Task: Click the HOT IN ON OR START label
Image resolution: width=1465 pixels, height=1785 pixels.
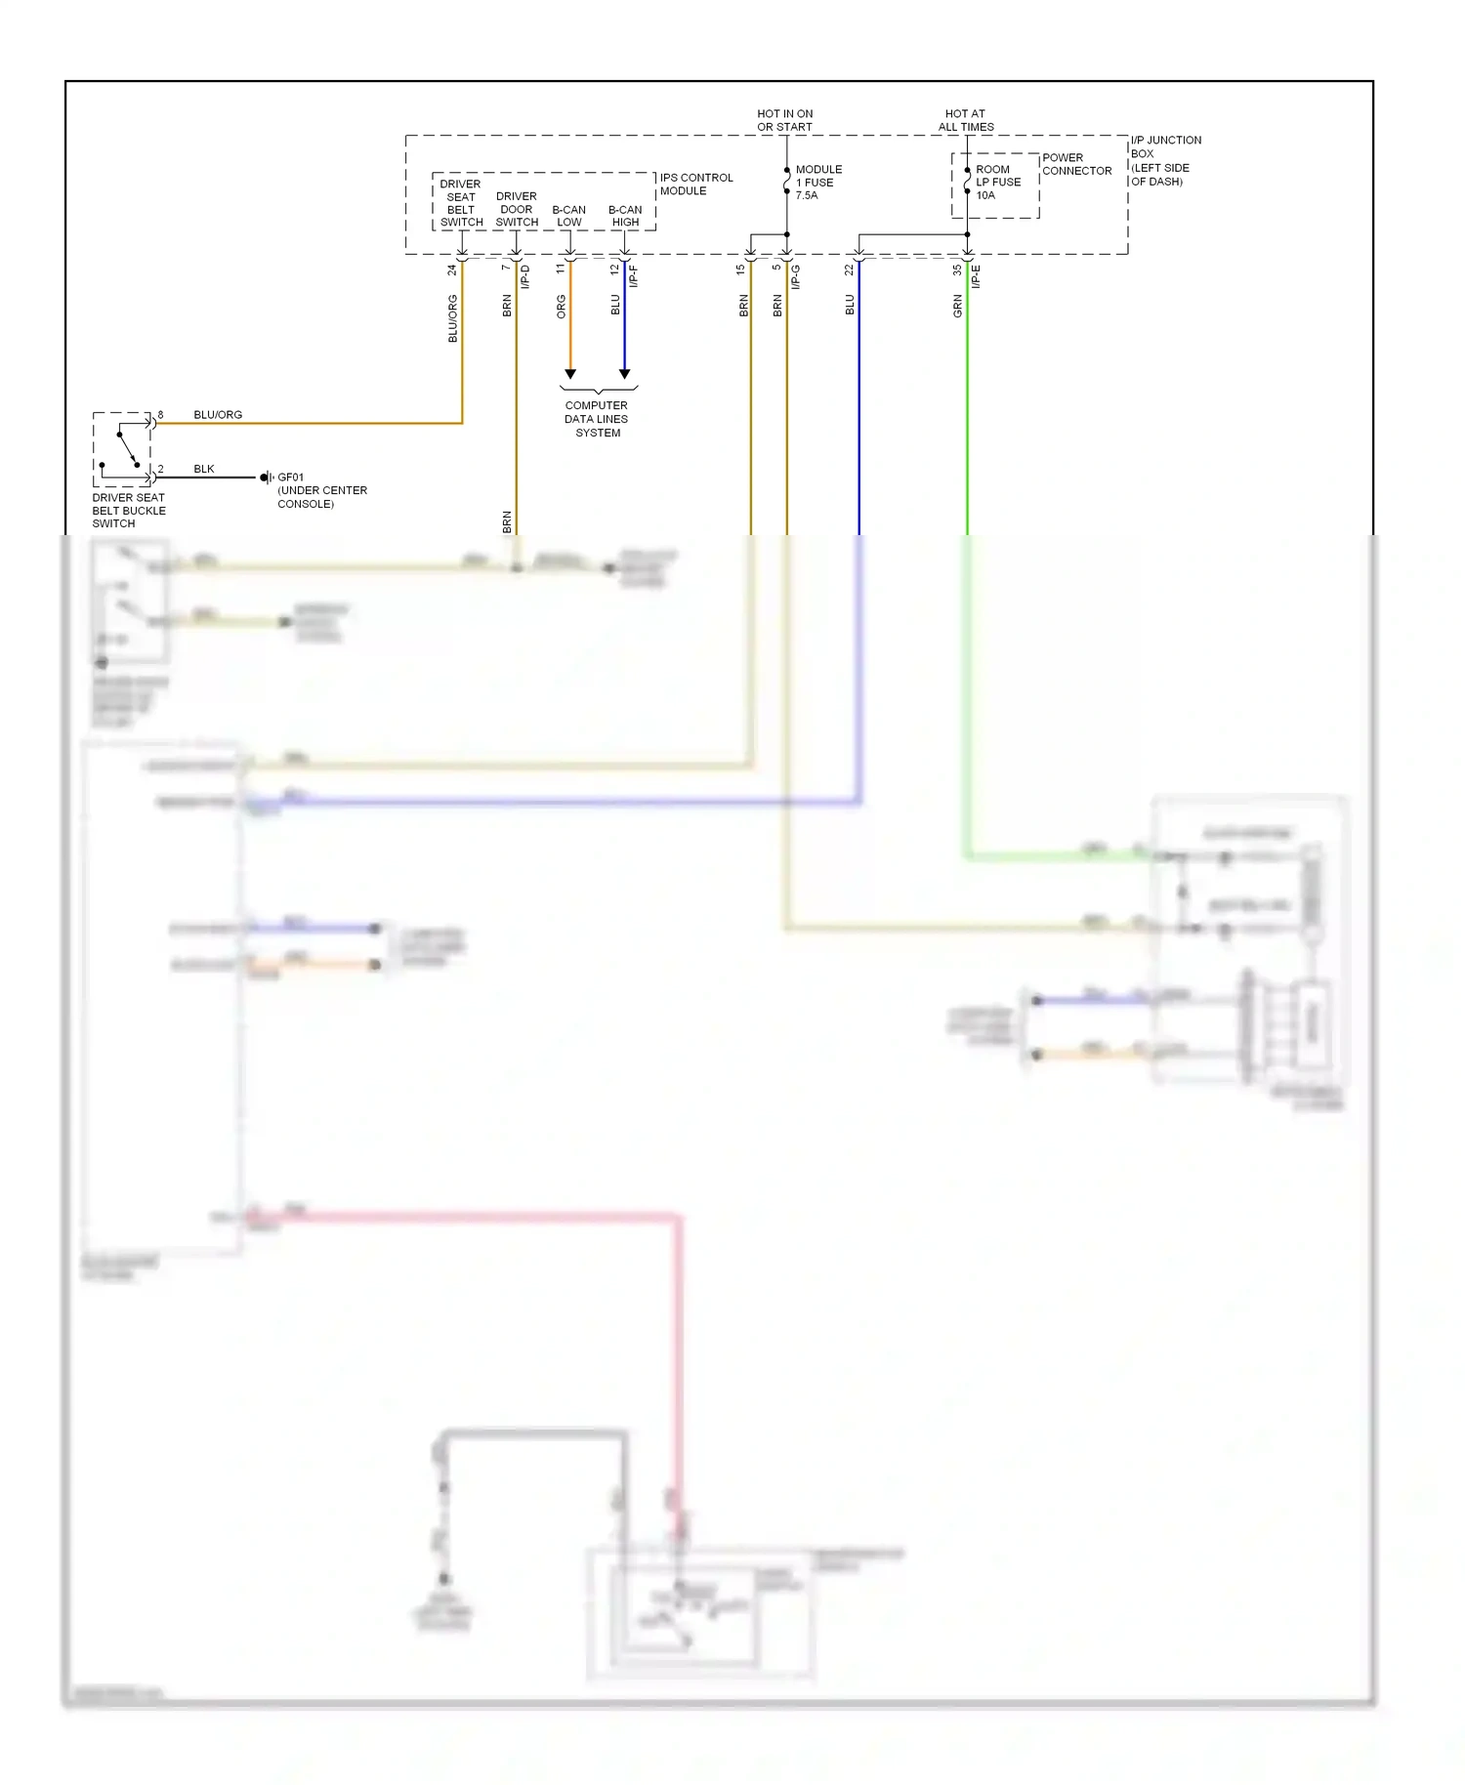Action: coord(784,120)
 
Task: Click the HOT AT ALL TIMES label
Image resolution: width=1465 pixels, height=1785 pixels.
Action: coord(966,120)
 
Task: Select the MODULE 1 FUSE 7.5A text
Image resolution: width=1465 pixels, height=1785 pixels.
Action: coord(817,183)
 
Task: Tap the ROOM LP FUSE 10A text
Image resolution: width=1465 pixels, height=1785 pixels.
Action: coord(997,183)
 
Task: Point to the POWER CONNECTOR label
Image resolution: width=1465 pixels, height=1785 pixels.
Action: coord(1076,164)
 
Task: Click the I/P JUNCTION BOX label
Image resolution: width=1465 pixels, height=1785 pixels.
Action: coord(1165,160)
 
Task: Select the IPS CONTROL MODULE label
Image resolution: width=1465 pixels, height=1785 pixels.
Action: coord(695,184)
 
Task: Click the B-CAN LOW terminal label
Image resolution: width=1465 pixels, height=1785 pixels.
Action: coord(568,216)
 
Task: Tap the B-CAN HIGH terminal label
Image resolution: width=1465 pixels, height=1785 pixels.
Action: coord(625,216)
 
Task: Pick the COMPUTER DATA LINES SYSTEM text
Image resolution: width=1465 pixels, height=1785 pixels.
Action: coord(596,419)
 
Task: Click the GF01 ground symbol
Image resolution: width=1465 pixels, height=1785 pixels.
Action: coord(266,477)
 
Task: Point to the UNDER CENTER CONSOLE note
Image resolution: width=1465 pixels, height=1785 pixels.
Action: coord(321,497)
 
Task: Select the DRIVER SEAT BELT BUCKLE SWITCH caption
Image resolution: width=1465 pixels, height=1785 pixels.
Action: coord(128,511)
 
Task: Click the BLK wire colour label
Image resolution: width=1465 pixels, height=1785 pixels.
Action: coord(203,469)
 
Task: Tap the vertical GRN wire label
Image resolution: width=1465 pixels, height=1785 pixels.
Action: coord(957,306)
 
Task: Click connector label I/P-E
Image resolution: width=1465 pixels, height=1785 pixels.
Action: coord(976,276)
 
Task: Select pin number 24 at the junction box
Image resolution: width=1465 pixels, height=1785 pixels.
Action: coord(452,270)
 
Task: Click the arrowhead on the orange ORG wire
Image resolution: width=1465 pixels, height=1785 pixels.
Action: coord(570,374)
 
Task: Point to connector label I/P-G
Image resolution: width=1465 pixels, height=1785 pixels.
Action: coord(795,276)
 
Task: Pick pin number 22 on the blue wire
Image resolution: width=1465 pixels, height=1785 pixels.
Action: coord(849,270)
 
